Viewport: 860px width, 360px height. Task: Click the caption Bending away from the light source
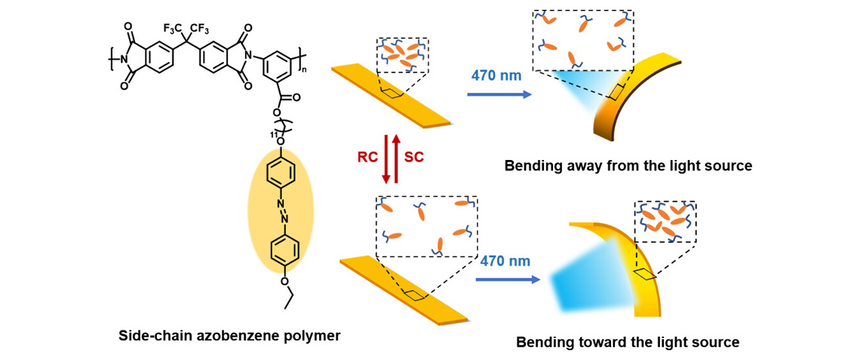628,165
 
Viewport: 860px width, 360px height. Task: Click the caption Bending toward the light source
628,342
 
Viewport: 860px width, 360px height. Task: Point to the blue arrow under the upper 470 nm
498,95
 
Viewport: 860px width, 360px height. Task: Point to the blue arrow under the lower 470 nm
508,280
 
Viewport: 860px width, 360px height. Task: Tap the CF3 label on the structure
200,29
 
